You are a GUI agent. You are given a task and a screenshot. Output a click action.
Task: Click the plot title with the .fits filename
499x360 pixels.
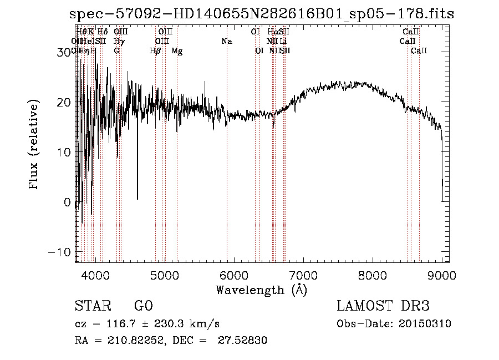tap(262, 14)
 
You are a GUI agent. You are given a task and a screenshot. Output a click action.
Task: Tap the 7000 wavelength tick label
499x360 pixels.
tap(303, 275)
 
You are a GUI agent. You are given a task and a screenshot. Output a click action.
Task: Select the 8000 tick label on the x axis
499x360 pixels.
tap(373, 275)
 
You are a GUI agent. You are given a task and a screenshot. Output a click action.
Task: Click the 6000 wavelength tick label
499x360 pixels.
tap(234, 275)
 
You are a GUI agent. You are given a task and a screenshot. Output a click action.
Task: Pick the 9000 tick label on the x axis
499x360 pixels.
tap(442, 275)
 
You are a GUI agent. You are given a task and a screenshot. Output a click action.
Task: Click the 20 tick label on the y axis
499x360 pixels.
tap(64, 102)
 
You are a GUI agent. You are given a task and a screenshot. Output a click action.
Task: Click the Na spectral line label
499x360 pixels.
tap(226, 42)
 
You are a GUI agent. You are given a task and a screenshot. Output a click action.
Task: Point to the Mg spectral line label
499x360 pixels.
tap(177, 51)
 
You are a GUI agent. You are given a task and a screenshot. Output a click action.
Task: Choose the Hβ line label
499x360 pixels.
tap(155, 51)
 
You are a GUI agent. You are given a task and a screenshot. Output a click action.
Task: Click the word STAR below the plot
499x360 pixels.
tap(91, 306)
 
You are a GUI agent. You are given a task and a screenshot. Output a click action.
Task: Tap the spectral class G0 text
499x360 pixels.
tap(143, 306)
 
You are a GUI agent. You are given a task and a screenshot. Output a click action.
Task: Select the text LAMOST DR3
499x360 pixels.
tap(383, 306)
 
